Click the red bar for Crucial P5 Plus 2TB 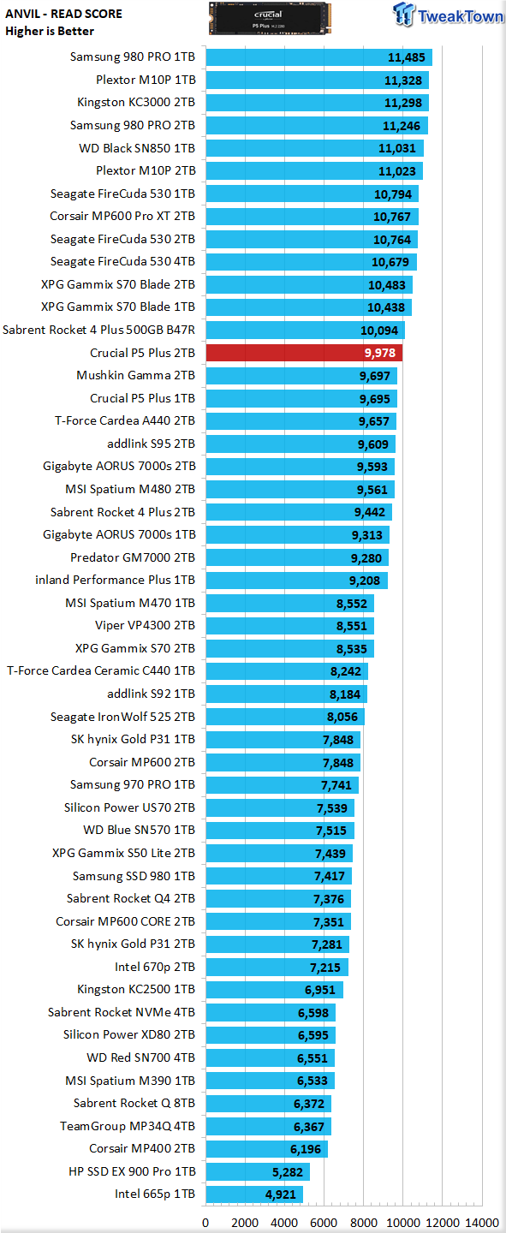(x=304, y=353)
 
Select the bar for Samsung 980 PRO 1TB (x=318, y=57)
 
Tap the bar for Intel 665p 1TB (x=254, y=1194)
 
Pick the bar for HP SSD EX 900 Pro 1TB (x=258, y=1171)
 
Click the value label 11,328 (x=403, y=80)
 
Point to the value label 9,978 (x=380, y=353)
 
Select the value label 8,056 (x=342, y=717)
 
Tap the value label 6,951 (x=320, y=990)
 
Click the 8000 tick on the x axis (x=363, y=1223)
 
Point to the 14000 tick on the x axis (x=482, y=1223)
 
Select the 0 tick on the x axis (x=205, y=1223)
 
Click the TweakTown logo (x=448, y=15)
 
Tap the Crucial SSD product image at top (x=270, y=18)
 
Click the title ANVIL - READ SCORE (x=64, y=14)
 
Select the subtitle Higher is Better (x=50, y=32)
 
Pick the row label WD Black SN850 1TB (x=137, y=148)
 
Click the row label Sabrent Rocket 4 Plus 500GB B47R (x=99, y=330)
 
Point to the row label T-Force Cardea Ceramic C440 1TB (x=101, y=670)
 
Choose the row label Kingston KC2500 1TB (x=136, y=989)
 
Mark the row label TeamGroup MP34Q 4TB (x=128, y=1126)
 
